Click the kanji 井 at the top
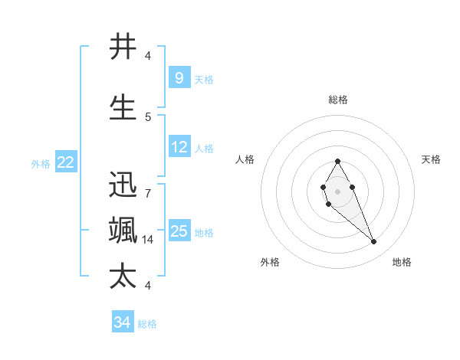[123, 47]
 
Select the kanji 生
[123, 108]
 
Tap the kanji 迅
[123, 185]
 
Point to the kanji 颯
[123, 231]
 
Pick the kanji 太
[123, 277]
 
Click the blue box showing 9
[179, 78]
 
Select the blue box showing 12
[179, 147]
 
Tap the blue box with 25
[179, 231]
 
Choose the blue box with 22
[66, 162]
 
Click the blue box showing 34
[122, 323]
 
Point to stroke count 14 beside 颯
[148, 239]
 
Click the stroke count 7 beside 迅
[148, 193]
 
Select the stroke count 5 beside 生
[148, 116]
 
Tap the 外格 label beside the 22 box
[41, 163]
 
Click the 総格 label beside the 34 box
[147, 324]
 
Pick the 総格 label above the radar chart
[337, 100]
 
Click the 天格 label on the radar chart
[431, 159]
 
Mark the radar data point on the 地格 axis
[373, 242]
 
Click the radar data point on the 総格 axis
[337, 161]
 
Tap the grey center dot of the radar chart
[337, 191]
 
